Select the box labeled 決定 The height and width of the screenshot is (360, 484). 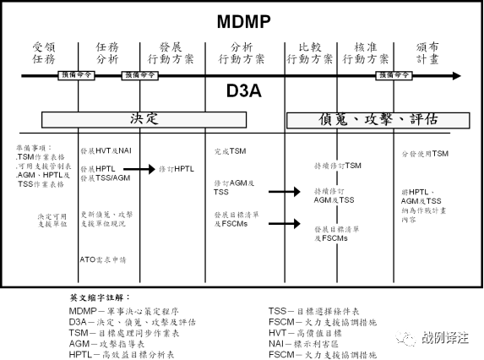point(144,119)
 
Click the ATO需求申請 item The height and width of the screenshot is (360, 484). point(104,259)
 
